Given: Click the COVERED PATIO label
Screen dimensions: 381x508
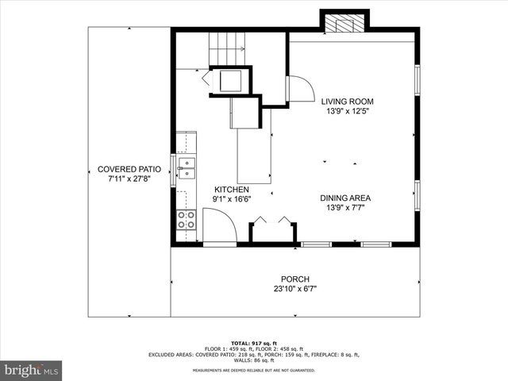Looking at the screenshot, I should pyautogui.click(x=129, y=169).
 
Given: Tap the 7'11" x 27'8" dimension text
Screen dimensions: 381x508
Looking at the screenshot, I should pyautogui.click(x=129, y=179).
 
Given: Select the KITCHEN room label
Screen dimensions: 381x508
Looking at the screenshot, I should pyautogui.click(x=232, y=190).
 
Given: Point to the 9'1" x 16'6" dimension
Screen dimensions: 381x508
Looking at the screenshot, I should pyautogui.click(x=232, y=200).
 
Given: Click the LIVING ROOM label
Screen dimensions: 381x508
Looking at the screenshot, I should pyautogui.click(x=347, y=102).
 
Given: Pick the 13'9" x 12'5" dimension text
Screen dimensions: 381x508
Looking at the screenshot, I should pyautogui.click(x=347, y=112).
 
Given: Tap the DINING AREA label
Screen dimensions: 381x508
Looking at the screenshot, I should pyautogui.click(x=345, y=198).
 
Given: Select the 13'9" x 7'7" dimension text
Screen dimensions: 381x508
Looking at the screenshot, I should pyautogui.click(x=345, y=208).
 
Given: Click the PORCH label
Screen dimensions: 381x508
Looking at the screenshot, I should pyautogui.click(x=294, y=279).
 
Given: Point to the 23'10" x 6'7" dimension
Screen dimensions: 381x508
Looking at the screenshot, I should pyautogui.click(x=294, y=290).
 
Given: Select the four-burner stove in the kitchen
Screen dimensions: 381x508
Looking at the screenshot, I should pyautogui.click(x=187, y=219).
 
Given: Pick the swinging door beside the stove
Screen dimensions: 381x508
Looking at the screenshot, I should pyautogui.click(x=219, y=224).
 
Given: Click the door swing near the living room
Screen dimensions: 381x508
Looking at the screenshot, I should pyautogui.click(x=297, y=89).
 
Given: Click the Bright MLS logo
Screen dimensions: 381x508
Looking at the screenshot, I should pyautogui.click(x=32, y=370).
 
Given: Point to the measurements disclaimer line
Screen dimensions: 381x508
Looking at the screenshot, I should pyautogui.click(x=254, y=370).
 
